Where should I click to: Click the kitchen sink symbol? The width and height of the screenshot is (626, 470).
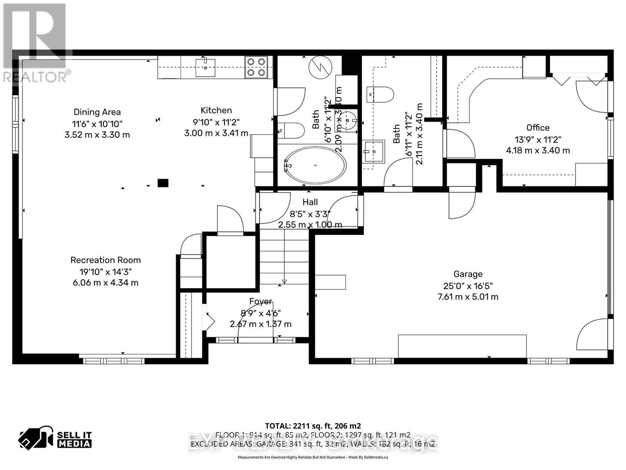click(x=205, y=67)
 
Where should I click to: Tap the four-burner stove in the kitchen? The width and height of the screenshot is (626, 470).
click(x=256, y=67)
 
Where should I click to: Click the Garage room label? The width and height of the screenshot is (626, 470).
click(x=468, y=274)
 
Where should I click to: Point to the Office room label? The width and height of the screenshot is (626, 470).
click(x=538, y=128)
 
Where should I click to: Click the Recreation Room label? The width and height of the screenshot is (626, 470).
click(x=106, y=260)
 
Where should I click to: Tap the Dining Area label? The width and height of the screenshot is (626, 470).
click(x=97, y=112)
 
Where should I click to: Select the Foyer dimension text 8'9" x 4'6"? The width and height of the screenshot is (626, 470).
click(x=261, y=313)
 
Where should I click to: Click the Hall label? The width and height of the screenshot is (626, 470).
click(x=310, y=202)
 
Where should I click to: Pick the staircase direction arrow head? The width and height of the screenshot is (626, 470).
click(x=284, y=282)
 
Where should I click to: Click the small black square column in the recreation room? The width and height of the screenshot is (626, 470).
click(x=163, y=183)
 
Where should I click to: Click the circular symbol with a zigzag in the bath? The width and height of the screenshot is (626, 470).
click(x=320, y=67)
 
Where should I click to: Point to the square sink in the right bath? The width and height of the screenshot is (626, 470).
click(x=373, y=151)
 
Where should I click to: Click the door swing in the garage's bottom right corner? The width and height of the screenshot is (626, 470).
click(x=592, y=335)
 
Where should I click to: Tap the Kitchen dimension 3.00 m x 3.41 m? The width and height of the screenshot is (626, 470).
click(x=216, y=133)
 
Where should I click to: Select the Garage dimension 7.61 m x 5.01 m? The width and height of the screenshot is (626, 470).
click(x=468, y=296)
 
